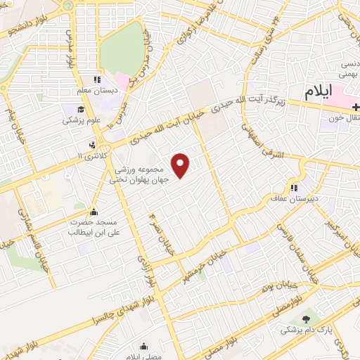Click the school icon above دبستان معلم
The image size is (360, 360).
click(97, 81)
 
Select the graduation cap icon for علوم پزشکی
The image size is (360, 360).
click(81, 110)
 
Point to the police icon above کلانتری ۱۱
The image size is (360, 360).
click(91, 145)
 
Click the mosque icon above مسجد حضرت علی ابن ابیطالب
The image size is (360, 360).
click(93, 212)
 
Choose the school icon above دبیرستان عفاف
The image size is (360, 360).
click(294, 188)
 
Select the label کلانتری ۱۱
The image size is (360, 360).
click(91, 155)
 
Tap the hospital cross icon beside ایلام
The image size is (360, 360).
click(356, 106)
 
